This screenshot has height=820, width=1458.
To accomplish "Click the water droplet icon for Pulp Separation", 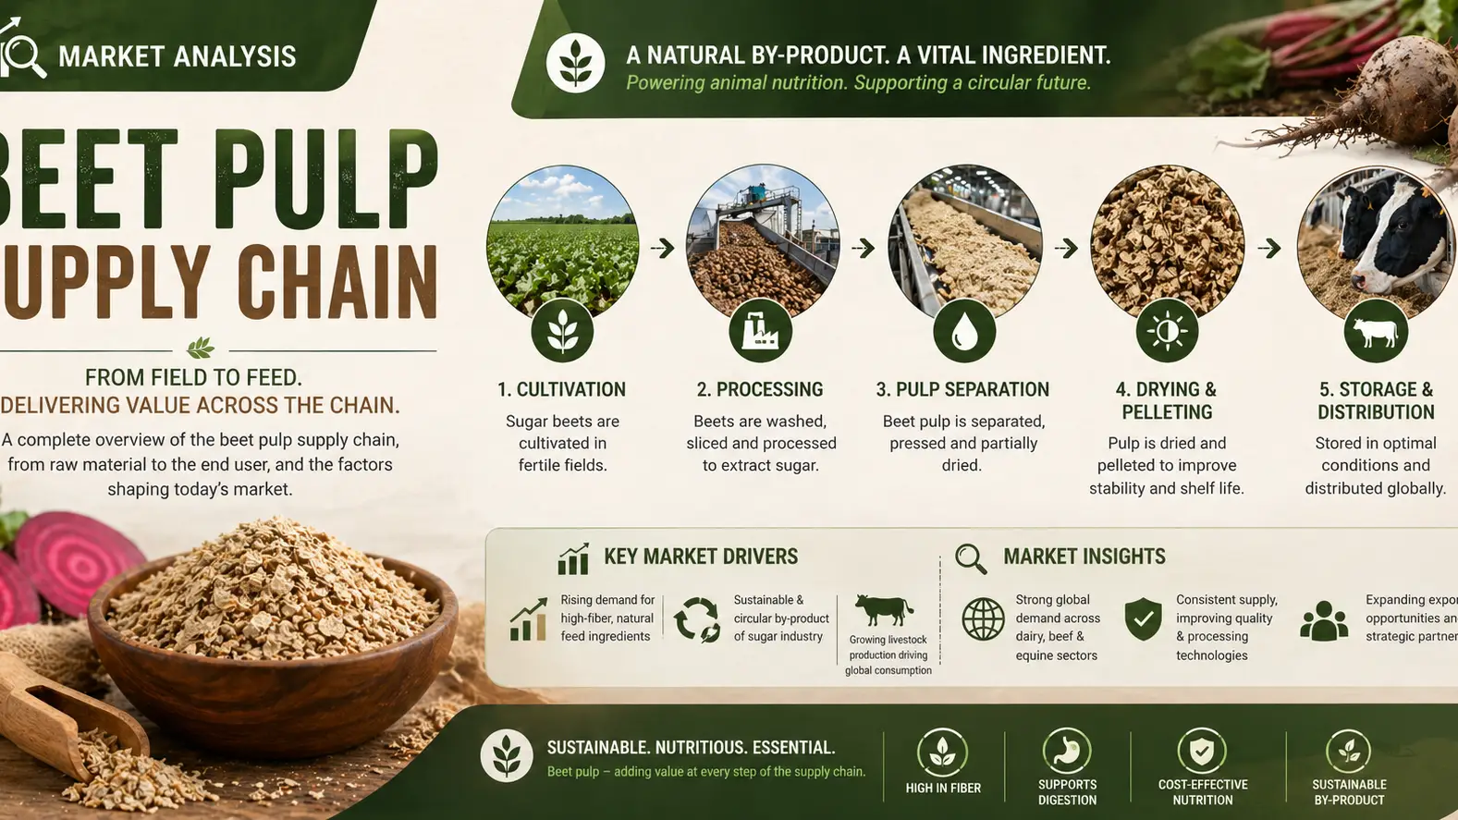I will (964, 331).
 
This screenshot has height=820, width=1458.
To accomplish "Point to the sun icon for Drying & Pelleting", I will (1167, 331).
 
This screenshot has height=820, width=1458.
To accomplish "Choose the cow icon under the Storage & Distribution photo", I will (1376, 331).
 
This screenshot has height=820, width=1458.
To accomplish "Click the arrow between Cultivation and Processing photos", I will (662, 248).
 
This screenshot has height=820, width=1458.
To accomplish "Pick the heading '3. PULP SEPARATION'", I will (962, 389).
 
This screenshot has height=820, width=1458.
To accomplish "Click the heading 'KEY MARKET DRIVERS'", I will (700, 557).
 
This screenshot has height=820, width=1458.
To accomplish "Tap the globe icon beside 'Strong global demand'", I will (983, 619).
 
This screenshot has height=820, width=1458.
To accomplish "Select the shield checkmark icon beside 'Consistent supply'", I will (1144, 618).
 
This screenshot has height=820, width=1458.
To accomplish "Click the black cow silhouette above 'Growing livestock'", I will (884, 610).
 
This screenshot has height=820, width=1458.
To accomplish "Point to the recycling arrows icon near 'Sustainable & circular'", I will (697, 619).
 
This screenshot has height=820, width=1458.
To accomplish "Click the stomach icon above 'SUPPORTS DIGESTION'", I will (1067, 751).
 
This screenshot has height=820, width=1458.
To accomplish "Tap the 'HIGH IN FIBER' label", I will (943, 788).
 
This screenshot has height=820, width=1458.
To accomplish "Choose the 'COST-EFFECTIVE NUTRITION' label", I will (1203, 792).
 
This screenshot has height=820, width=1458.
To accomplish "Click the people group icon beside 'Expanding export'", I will (1324, 620).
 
